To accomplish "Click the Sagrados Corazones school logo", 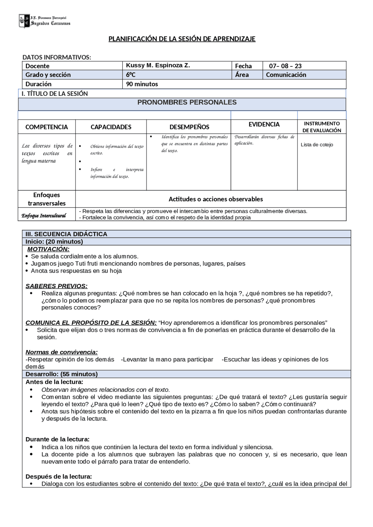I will point(44,21).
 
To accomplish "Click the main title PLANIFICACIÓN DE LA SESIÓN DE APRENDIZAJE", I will point(182,39).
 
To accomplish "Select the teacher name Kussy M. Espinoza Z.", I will point(158,65).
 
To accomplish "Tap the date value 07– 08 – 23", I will point(285,66).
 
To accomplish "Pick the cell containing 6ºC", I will point(131,75).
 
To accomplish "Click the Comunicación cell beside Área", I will point(286,75).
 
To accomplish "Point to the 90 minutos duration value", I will point(142,84).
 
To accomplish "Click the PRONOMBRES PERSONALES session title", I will point(187,102).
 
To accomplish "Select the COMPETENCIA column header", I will point(47,127).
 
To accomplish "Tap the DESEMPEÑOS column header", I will point(189,127).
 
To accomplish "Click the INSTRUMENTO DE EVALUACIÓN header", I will point(321,127).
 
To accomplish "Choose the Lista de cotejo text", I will point(317,145).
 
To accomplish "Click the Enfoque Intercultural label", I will point(44,216).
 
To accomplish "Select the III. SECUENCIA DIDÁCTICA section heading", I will point(66,234).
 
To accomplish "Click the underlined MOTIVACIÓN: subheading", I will point(48,249).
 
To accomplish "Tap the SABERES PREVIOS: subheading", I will point(57,286).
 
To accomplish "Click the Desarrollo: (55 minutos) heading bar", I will point(61,374).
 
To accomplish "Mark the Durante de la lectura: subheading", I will point(57,439).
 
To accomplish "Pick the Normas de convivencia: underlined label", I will point(61,352).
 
